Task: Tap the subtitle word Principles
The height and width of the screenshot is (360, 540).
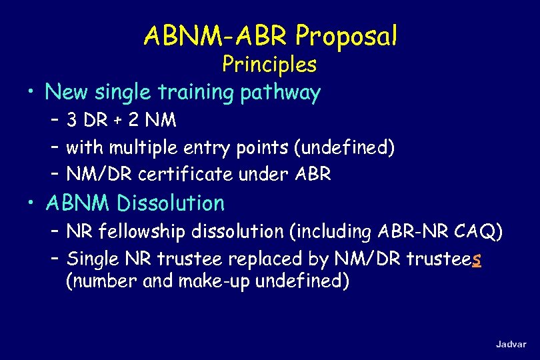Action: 269,65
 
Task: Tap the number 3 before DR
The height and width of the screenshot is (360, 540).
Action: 71,121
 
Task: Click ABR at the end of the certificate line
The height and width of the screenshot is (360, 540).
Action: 313,175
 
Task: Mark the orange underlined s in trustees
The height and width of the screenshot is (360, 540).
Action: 476,259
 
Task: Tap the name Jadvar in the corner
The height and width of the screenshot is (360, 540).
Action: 511,344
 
